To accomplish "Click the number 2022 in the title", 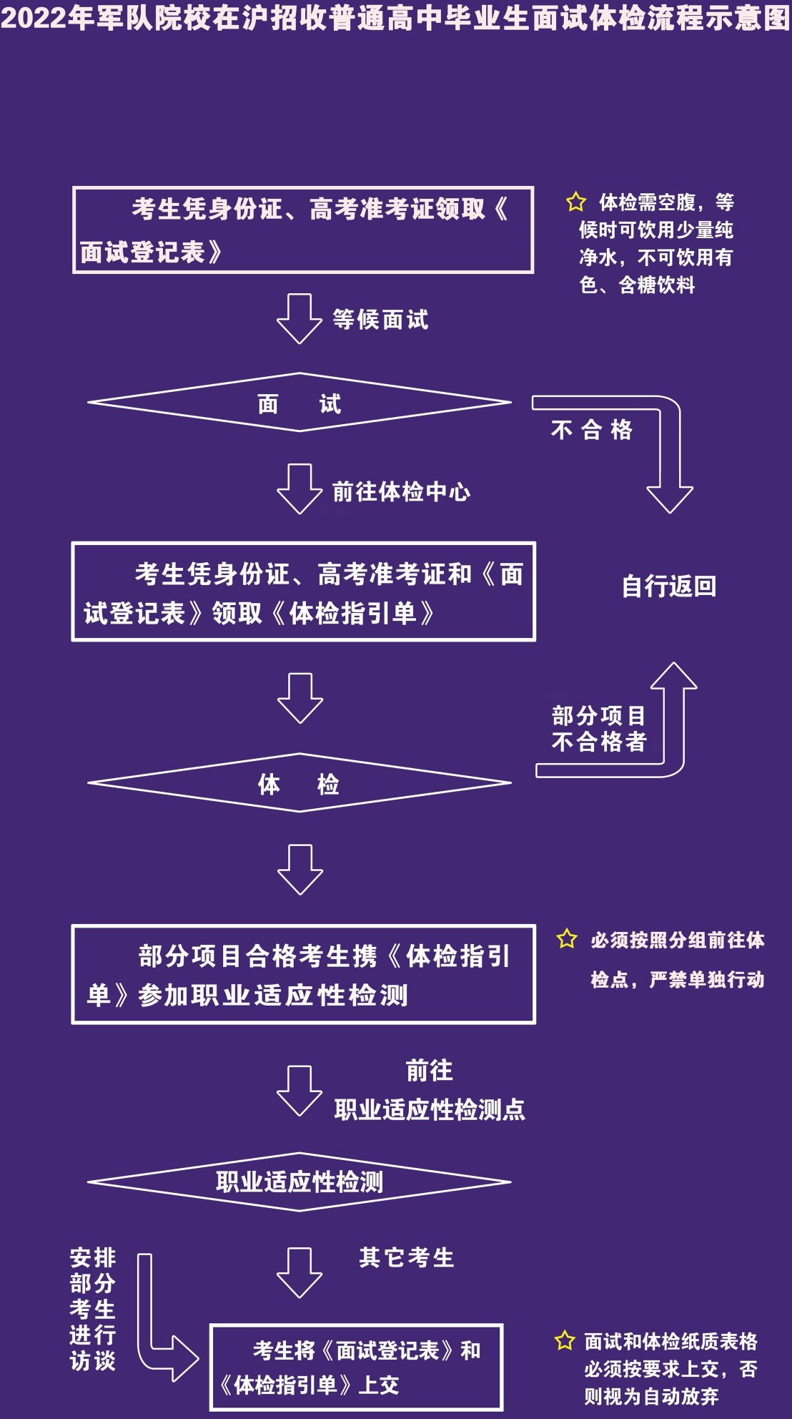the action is pos(34,18).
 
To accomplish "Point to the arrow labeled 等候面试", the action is pos(300,318).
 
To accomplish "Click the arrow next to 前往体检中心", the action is pos(300,489).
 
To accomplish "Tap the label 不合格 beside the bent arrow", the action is pos(592,429).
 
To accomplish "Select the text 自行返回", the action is pos(669,586).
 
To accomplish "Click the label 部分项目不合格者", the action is pos(599,728).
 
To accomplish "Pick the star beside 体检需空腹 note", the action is pos(576,202).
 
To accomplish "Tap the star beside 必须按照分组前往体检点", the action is pos(567,938).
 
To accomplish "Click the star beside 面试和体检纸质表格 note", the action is pos(565,1340).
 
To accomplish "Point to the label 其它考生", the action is pos(407,1257).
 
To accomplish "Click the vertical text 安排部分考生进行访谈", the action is pos(93,1309).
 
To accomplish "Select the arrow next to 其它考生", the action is pos(300,1273).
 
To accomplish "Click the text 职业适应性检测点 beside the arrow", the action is pos(430,1109).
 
